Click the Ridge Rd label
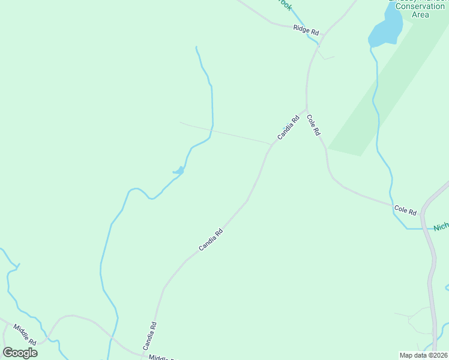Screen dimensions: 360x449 coord(306,29)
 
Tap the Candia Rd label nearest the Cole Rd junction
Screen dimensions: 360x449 coord(288,128)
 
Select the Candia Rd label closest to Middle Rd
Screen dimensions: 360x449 coord(149,336)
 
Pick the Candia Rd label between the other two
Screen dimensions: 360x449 coord(211,240)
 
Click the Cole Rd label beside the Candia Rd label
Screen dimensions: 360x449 coord(313,125)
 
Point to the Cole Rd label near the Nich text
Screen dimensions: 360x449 coord(405,210)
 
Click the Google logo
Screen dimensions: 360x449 coord(20,353)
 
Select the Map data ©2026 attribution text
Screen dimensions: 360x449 coord(424,355)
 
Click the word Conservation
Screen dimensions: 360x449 coord(420,7)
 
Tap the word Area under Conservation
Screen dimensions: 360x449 coord(420,14)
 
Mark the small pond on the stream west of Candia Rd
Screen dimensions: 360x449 coord(179,172)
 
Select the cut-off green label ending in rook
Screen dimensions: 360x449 coord(285,5)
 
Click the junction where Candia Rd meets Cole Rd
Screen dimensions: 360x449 coord(307,110)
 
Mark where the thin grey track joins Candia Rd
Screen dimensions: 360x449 coord(272,145)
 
